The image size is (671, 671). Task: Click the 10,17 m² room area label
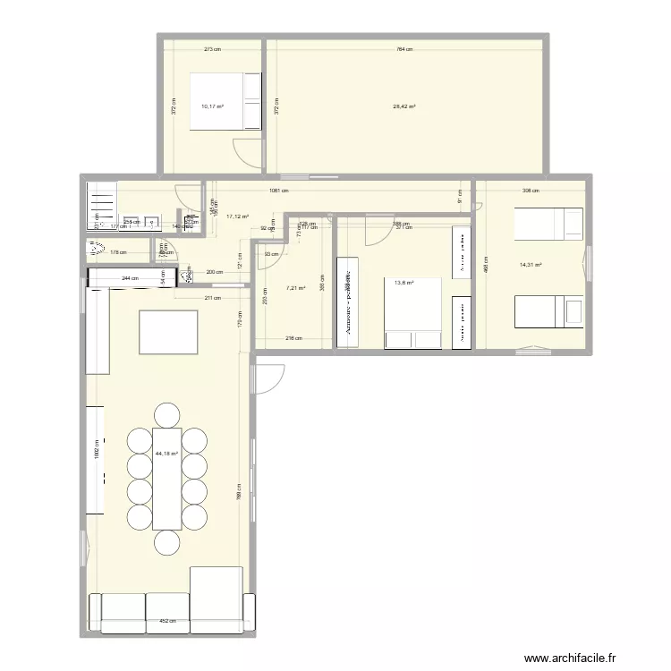coord(212,106)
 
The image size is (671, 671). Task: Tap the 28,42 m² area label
coord(404,106)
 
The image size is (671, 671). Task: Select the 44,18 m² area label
coord(166,454)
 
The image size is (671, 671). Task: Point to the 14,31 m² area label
coord(531,265)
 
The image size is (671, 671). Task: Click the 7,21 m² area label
coord(295,288)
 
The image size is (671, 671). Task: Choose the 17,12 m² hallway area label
coord(237,216)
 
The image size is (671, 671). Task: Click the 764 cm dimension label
coord(403,49)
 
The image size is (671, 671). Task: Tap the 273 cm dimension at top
coord(212,49)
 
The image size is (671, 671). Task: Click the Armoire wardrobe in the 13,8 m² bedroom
coord(345,301)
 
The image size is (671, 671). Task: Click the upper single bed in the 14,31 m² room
coord(550,223)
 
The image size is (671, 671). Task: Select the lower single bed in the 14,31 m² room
coord(548,313)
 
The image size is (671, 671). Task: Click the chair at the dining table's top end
coord(166,415)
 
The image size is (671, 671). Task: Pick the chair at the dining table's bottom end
coord(167,542)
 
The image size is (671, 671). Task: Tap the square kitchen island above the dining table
coord(168,331)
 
